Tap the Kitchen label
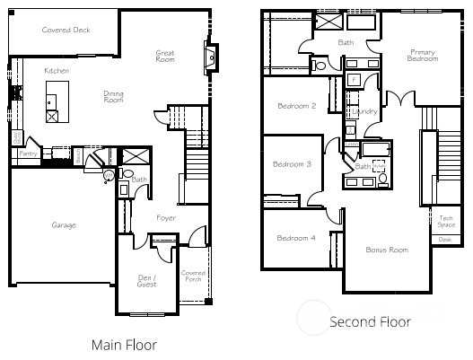(x=58, y=69)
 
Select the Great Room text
(x=165, y=57)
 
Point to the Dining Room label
(x=113, y=97)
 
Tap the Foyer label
(x=165, y=218)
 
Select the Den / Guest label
(x=146, y=280)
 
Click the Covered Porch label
(x=194, y=276)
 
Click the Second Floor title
(x=370, y=321)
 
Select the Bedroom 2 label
(x=296, y=106)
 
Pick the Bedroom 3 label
(x=292, y=164)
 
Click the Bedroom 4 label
(x=295, y=238)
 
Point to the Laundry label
(x=365, y=111)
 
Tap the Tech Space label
(x=446, y=221)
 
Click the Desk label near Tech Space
(x=446, y=239)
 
